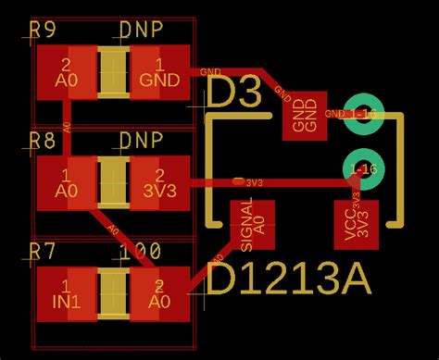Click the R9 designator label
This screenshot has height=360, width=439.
point(43,31)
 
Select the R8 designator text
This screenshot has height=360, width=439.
point(43,141)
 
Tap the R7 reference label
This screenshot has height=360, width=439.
point(43,251)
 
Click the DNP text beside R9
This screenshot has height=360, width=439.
point(142,31)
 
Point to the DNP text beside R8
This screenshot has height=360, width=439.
point(142,141)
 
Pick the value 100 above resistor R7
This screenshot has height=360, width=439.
point(140,251)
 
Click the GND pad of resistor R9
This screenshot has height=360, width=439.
point(159,71)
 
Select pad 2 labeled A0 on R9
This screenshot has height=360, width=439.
point(66,71)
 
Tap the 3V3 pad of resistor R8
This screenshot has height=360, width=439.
point(159,182)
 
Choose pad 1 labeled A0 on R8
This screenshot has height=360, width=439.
point(66,182)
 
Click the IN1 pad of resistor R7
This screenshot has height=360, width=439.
point(66,292)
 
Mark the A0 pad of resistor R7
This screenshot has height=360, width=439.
point(159,292)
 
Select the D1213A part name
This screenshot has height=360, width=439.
point(288,279)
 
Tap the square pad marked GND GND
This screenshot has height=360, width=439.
point(305,116)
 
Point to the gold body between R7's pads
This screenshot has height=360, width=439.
point(113,292)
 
